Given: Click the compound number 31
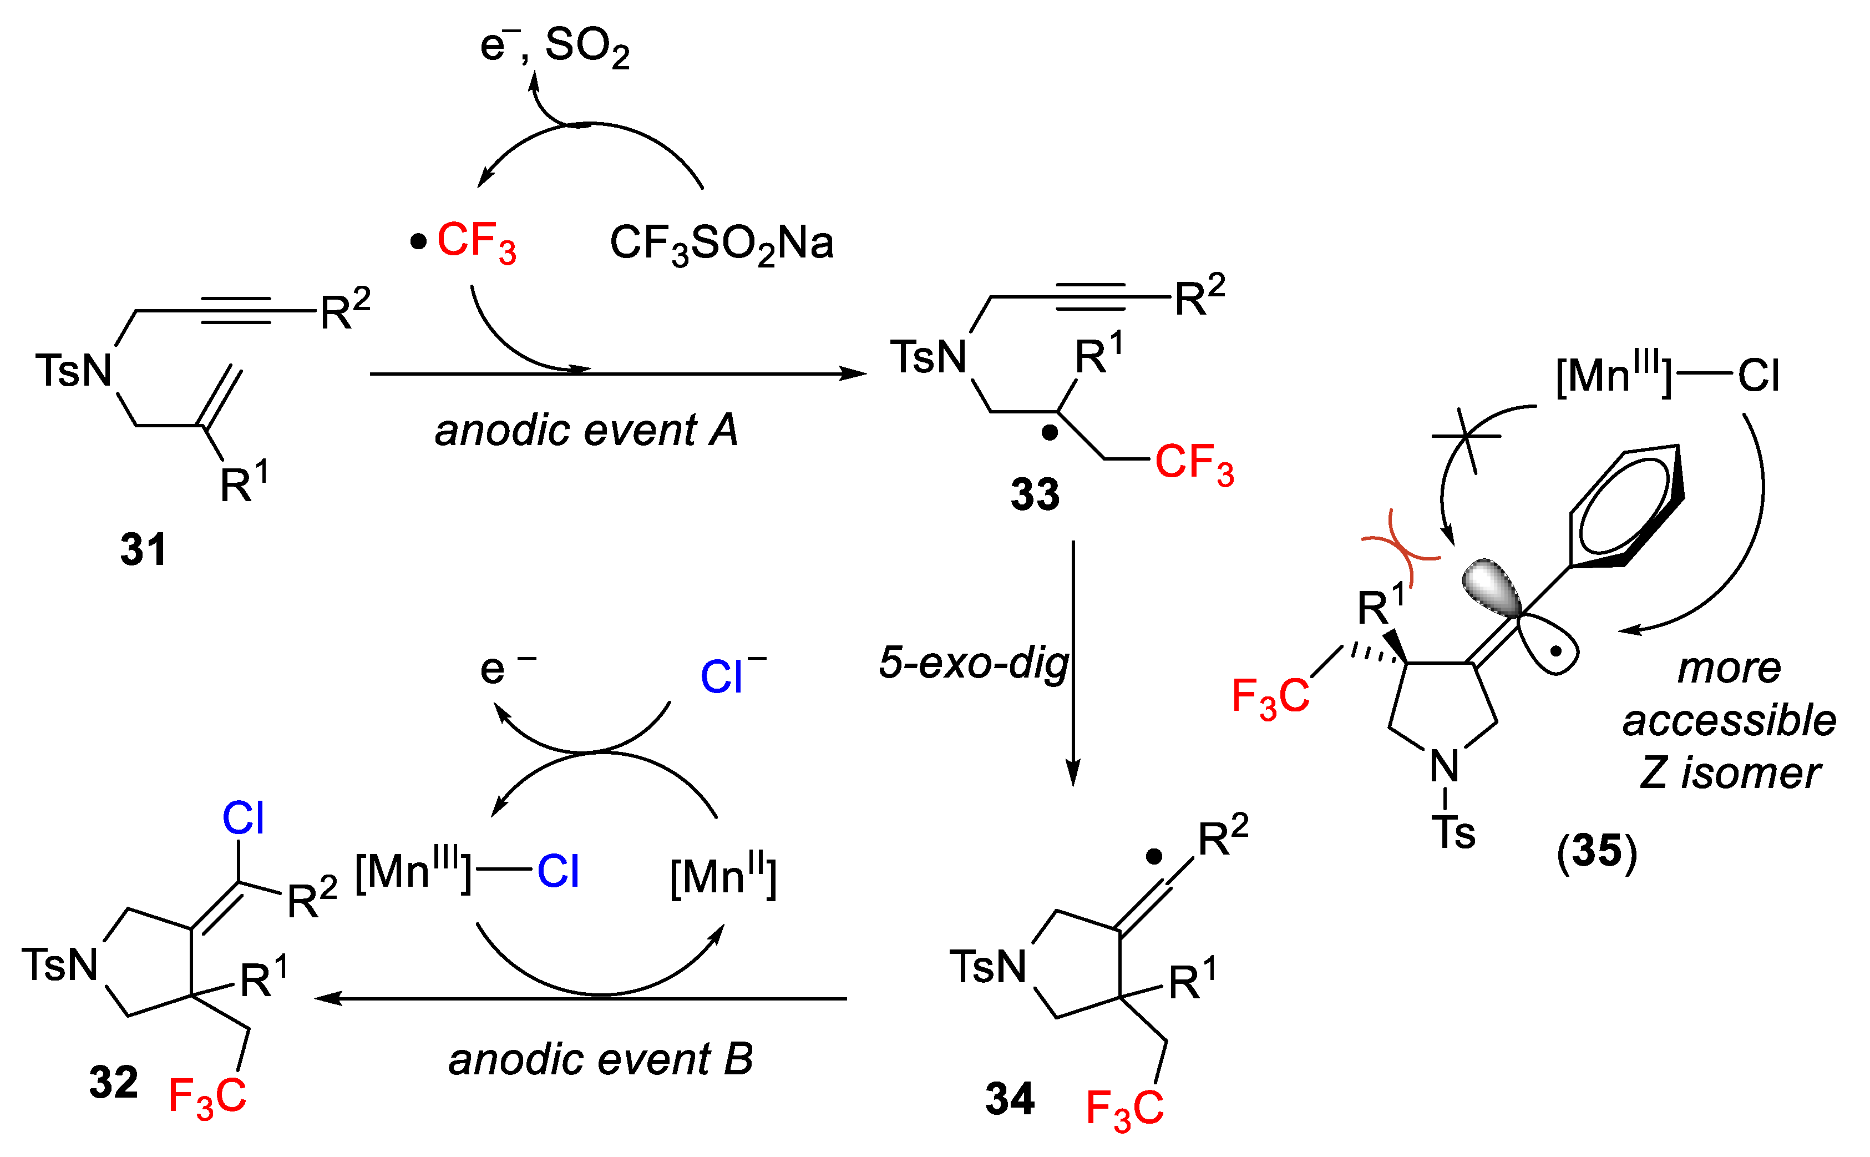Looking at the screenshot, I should point(143,549).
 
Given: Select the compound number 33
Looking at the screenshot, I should point(1034,494).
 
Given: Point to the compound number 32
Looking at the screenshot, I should point(113,1082).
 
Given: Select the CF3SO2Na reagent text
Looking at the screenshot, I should point(721,244).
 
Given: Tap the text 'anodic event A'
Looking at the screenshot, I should point(586,430).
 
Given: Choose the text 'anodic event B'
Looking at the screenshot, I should point(600,1060).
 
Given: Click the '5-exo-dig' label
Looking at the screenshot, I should point(973,663).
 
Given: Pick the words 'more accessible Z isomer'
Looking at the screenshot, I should point(1729,721).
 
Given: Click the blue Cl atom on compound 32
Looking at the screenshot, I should point(243,819).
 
